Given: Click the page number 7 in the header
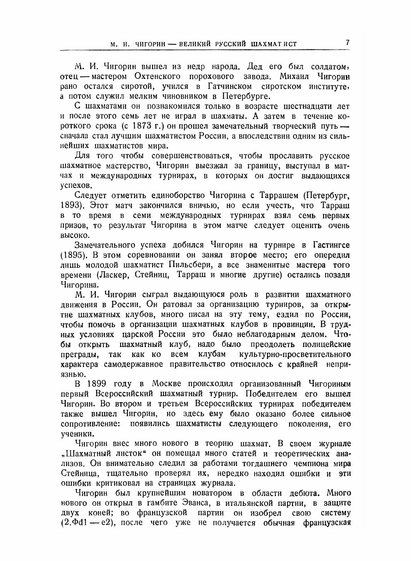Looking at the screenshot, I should pos(347,42).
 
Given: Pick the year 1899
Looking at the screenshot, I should pos(101,384).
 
